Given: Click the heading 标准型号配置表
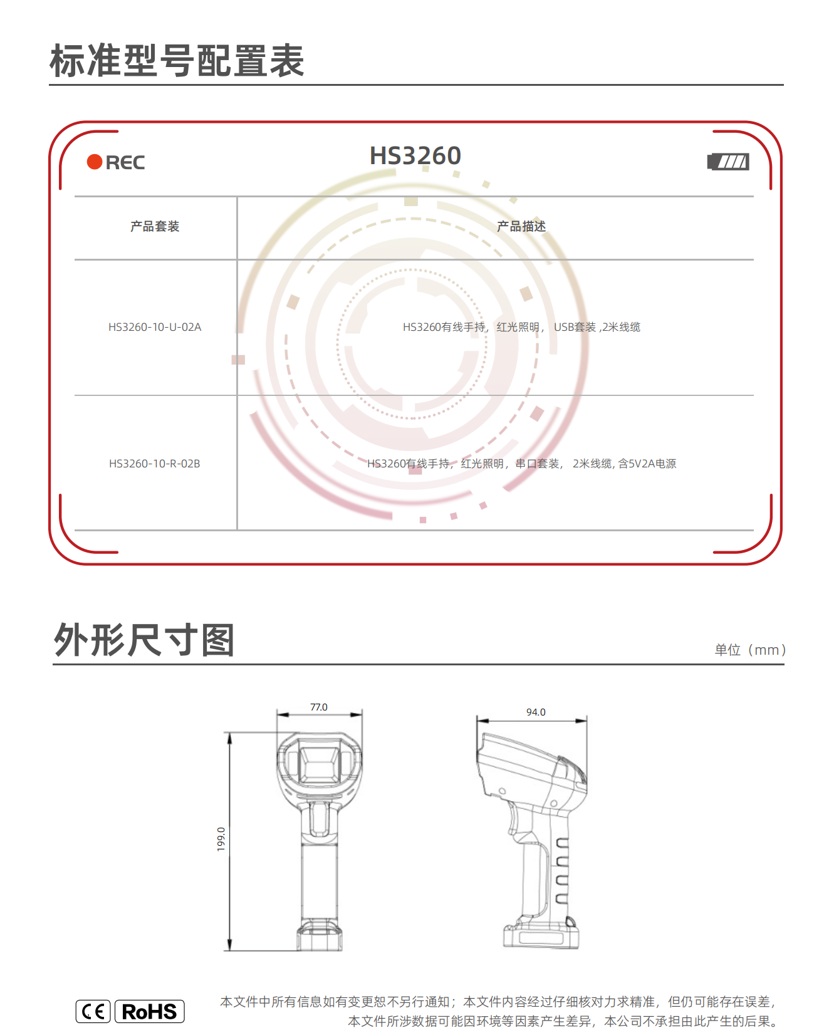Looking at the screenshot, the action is pyautogui.click(x=177, y=61).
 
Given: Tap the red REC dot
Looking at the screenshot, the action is pyautogui.click(x=95, y=162).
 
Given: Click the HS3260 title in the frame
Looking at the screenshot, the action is pyautogui.click(x=415, y=155).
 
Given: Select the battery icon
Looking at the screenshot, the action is pyautogui.click(x=728, y=162).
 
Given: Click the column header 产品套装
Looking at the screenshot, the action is pyautogui.click(x=155, y=226).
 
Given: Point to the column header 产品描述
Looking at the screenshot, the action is pyautogui.click(x=521, y=226).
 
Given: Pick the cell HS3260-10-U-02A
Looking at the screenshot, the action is pyautogui.click(x=155, y=327).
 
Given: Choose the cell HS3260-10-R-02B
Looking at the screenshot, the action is pyautogui.click(x=155, y=464).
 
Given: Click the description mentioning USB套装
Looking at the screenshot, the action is pyautogui.click(x=521, y=327).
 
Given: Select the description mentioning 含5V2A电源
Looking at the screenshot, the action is pyautogui.click(x=521, y=464).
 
